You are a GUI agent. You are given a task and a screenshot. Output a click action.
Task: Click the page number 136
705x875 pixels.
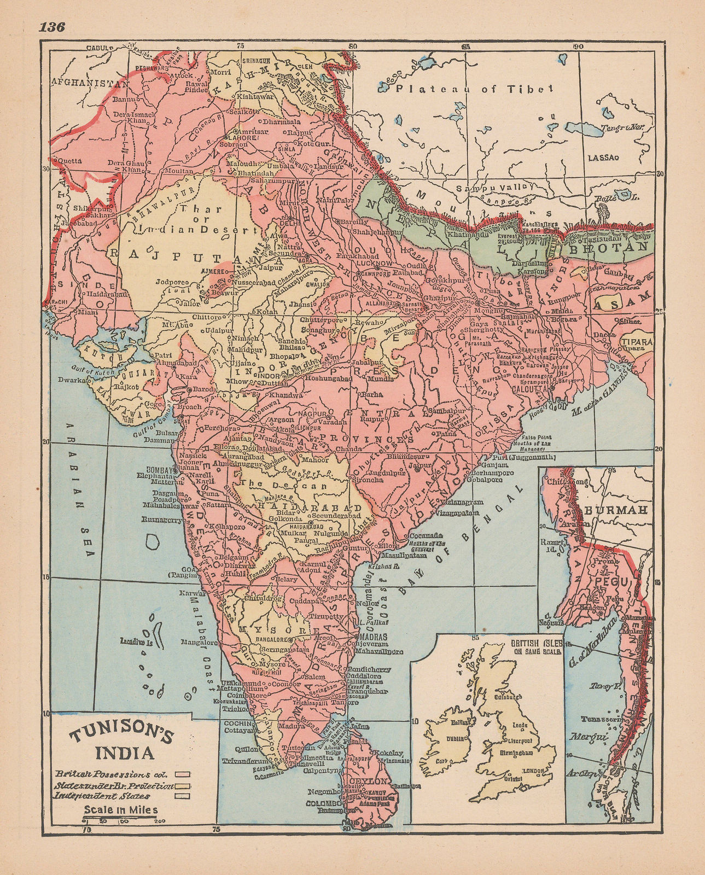[x=53, y=27]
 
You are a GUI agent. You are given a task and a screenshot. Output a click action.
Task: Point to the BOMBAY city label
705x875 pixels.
[x=159, y=469]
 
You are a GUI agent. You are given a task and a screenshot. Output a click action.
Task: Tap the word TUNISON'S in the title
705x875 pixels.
[x=119, y=734]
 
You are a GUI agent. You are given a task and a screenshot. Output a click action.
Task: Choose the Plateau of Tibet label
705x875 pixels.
[x=475, y=89]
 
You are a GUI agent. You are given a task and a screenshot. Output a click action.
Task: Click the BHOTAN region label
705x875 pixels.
[x=621, y=247]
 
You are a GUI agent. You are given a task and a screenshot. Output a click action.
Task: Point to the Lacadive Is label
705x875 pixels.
[x=135, y=641]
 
